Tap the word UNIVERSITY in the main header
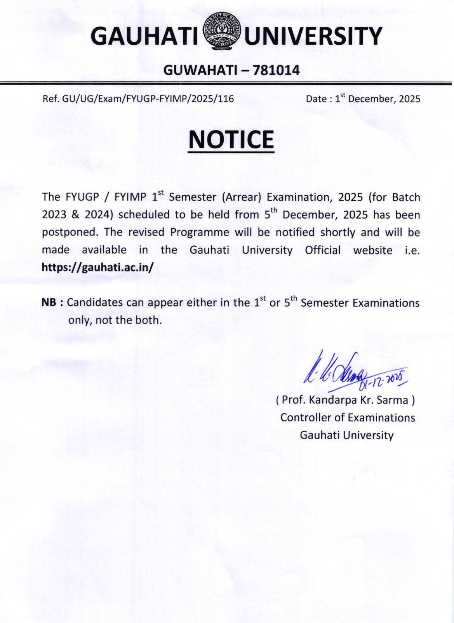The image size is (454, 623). click(x=314, y=37)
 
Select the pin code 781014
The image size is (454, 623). click(x=276, y=70)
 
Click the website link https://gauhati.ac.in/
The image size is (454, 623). click(x=97, y=267)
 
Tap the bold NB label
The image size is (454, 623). click(x=50, y=303)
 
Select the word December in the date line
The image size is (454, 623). click(x=371, y=99)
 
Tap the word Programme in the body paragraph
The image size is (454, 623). click(x=200, y=233)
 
